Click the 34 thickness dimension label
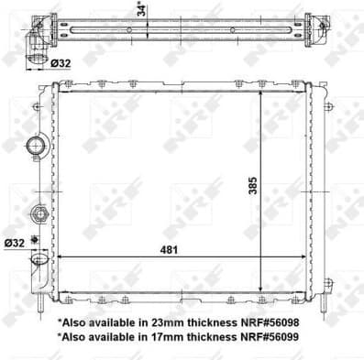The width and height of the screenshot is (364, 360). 140,9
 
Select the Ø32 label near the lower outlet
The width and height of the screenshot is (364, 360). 15,243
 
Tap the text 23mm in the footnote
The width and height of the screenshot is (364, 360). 153,322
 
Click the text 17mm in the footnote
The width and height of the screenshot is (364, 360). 153,338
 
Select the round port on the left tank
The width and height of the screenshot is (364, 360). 38,146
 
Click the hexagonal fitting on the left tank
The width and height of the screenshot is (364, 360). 39,214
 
